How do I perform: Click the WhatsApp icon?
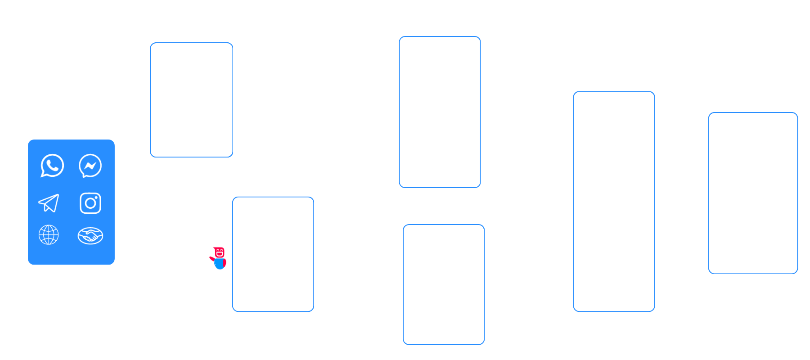click(x=52, y=166)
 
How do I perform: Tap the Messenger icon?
click(x=90, y=166)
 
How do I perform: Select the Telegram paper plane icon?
click(x=49, y=203)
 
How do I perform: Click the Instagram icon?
click(x=90, y=203)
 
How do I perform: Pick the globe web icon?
click(x=49, y=235)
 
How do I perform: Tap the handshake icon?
click(x=90, y=235)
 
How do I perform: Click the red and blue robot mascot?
click(x=219, y=258)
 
